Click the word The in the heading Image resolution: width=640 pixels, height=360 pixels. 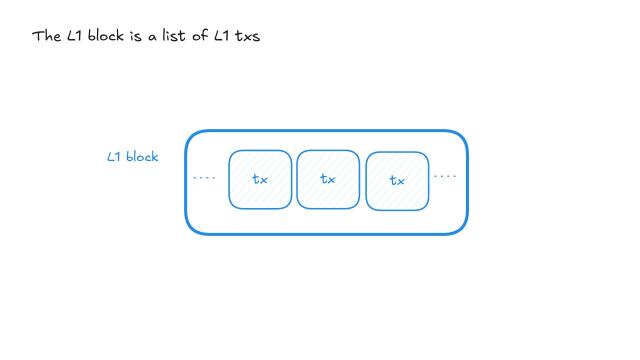point(46,37)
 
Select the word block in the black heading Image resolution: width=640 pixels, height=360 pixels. point(106,37)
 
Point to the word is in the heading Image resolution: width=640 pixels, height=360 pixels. point(136,37)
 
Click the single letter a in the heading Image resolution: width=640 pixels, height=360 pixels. point(153,38)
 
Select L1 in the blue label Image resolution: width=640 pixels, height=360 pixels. point(115,157)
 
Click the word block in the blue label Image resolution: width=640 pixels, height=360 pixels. point(142,157)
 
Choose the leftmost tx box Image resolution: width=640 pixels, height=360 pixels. point(260,180)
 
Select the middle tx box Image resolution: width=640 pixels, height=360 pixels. point(328,180)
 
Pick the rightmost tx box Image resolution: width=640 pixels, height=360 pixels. point(397,181)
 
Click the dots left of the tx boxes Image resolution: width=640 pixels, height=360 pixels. point(204,179)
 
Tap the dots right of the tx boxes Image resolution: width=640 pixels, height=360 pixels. point(445,177)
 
